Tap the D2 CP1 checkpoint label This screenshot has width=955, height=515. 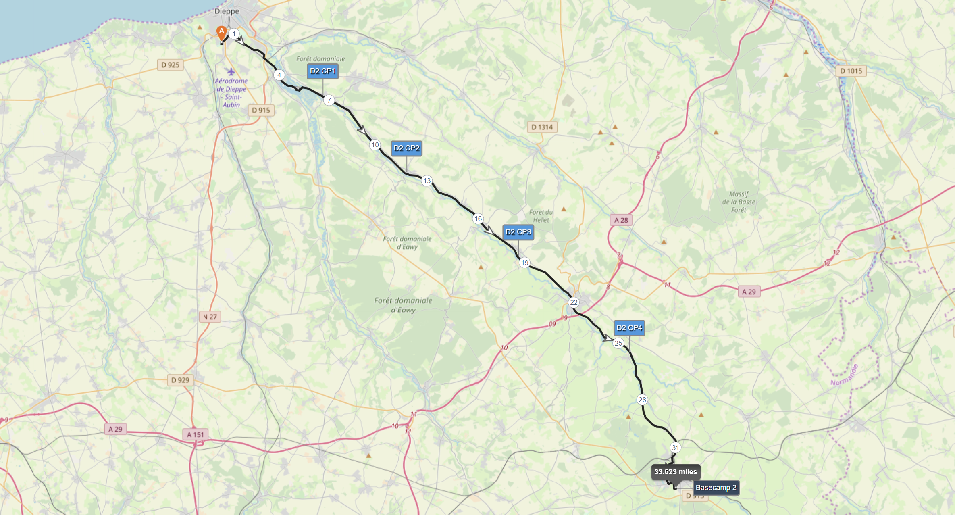[322, 71]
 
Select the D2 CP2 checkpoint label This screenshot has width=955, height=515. [406, 148]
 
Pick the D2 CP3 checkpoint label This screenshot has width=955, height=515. [518, 232]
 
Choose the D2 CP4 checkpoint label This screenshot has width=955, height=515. [629, 328]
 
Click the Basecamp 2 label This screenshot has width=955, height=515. [716, 488]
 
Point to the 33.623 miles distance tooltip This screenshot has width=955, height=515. [675, 472]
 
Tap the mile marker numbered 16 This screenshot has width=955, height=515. [478, 219]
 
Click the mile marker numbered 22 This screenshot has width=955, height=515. [573, 302]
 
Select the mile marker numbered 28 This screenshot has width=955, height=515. [642, 400]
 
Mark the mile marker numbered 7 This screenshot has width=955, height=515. [329, 100]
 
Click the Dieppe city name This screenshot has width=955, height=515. [227, 11]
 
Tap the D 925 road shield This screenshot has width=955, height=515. [170, 65]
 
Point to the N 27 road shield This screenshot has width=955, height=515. [210, 317]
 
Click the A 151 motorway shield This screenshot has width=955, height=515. [196, 435]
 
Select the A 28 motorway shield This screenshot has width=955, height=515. [621, 220]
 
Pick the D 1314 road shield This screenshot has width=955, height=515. [542, 127]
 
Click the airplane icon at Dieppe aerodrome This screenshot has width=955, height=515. [231, 72]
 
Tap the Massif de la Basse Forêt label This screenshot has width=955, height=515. [739, 202]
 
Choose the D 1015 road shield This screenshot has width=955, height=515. [851, 71]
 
